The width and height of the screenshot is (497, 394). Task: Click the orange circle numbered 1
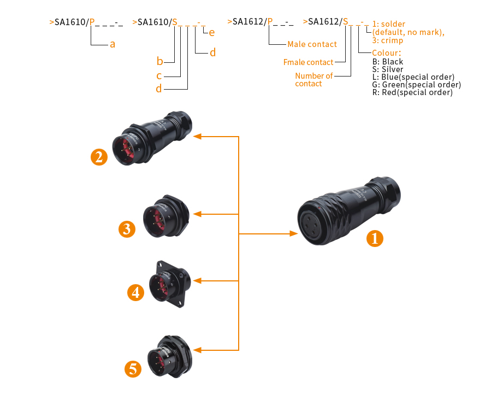[375, 238]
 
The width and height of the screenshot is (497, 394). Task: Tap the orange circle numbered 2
[99, 157]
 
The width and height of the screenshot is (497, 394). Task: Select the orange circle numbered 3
[127, 228]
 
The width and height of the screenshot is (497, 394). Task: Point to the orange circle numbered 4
[136, 292]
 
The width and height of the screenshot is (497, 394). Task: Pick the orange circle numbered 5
[133, 369]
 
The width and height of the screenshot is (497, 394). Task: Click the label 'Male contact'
[312, 44]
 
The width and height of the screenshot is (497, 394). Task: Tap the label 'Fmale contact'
[308, 62]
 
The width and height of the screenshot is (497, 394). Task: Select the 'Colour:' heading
[386, 53]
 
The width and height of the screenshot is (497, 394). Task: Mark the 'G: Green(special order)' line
[416, 85]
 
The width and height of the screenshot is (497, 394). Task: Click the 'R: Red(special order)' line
[412, 92]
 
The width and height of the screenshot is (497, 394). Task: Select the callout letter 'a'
[113, 44]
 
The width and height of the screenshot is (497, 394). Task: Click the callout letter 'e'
[211, 33]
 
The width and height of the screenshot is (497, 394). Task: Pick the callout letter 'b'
[159, 61]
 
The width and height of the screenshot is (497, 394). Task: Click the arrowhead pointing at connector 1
[293, 234]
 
